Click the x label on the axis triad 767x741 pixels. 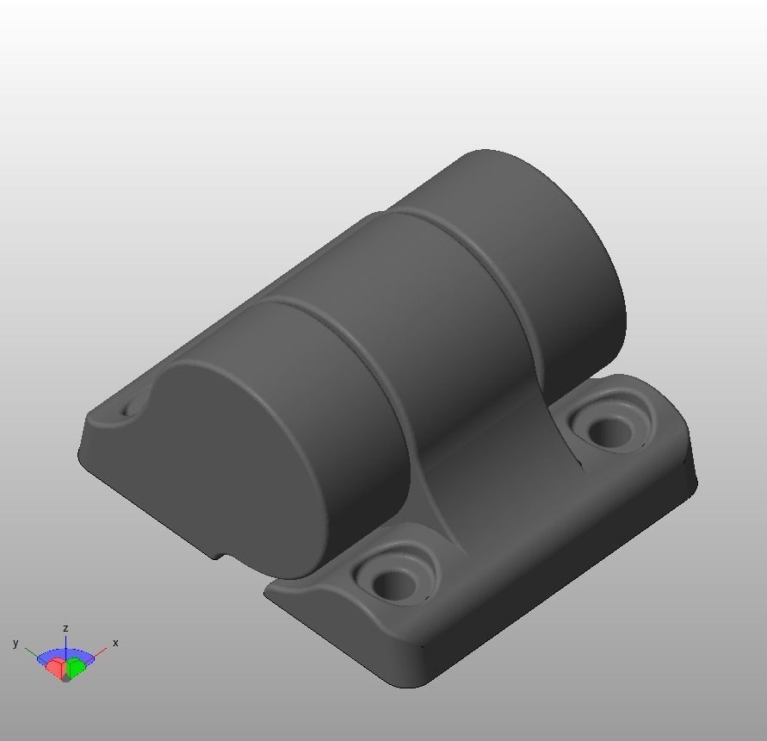click(115, 643)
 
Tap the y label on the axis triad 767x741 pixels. click(15, 643)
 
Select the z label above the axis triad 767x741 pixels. click(65, 629)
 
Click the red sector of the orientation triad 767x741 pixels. click(55, 667)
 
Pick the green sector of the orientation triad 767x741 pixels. click(77, 665)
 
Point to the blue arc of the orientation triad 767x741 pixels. click(65, 653)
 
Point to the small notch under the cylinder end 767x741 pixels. click(220, 554)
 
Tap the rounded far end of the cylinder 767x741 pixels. click(560, 233)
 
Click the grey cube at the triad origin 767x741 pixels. click(65, 676)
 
